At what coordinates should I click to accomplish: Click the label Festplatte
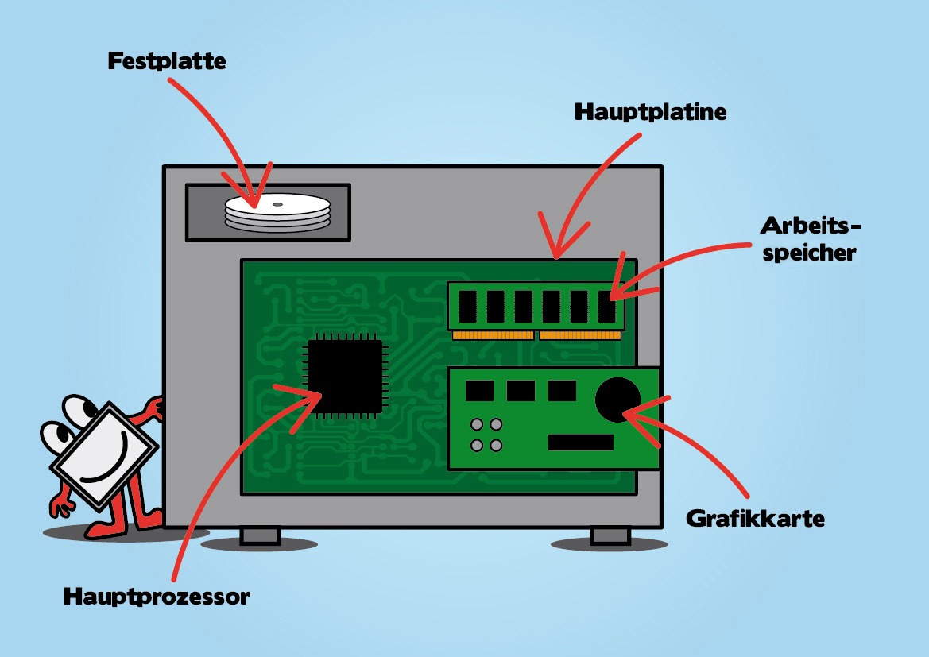(167, 61)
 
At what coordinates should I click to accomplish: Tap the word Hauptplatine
(650, 112)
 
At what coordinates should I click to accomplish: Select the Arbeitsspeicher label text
(810, 239)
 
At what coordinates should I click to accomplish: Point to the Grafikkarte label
(755, 520)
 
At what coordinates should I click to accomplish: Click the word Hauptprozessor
(157, 596)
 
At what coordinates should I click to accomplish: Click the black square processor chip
(345, 377)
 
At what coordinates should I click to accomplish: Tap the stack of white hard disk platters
(277, 212)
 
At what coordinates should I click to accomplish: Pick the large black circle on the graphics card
(618, 399)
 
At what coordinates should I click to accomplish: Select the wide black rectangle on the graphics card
(580, 443)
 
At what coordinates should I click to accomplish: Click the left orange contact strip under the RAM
(493, 335)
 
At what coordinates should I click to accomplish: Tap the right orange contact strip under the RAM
(580, 335)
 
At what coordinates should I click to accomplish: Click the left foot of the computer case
(260, 536)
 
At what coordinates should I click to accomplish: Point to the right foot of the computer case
(610, 536)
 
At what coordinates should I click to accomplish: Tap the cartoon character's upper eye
(79, 410)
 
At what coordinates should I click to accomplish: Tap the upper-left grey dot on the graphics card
(477, 424)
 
